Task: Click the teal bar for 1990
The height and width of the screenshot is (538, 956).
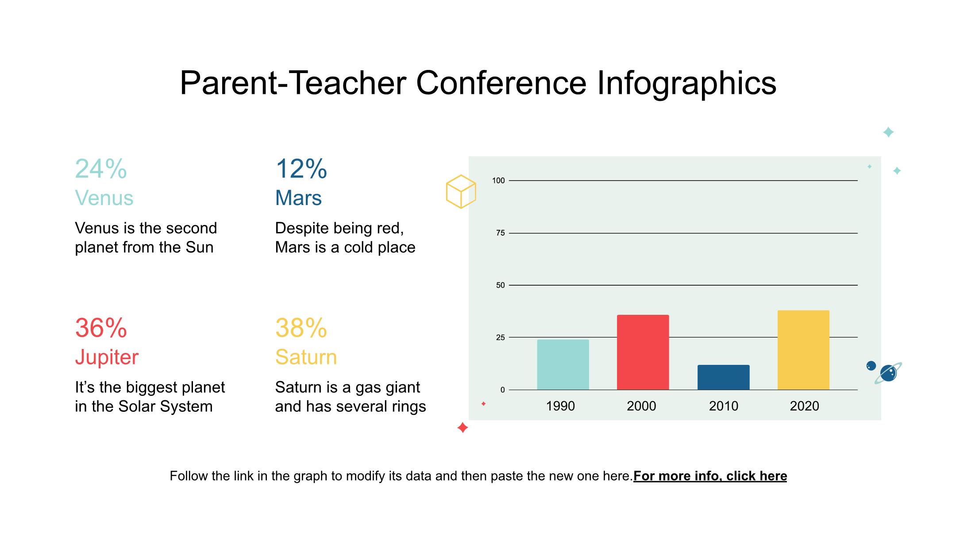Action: point(563,364)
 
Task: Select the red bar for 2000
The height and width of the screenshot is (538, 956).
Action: point(643,352)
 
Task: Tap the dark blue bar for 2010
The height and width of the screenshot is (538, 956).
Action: point(724,377)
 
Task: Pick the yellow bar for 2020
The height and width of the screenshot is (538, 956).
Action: point(803,350)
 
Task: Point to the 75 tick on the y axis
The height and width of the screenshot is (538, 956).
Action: point(500,233)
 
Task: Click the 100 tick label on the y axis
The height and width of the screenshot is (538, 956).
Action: point(498,180)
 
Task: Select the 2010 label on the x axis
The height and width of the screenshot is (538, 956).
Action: point(724,406)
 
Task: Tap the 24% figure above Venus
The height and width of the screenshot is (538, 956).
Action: point(101,169)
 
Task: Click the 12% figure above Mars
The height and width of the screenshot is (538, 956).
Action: point(301,169)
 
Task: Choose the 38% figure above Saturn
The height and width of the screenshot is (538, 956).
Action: point(301,328)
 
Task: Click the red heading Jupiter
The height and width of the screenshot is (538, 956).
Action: point(107,357)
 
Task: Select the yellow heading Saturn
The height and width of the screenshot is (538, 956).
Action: point(306,357)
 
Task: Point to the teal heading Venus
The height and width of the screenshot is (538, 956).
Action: point(104,198)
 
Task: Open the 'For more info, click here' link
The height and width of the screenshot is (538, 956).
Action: point(710,476)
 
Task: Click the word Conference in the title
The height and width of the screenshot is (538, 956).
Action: point(501,83)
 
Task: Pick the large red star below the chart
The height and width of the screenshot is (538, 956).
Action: point(463,428)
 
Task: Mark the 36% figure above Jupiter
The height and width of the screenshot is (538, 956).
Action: point(101,328)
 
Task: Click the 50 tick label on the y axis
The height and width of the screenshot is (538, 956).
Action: point(500,285)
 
